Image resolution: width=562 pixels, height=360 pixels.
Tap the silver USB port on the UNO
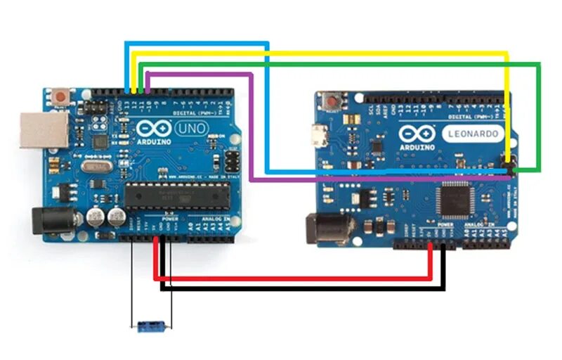click(x=35, y=129)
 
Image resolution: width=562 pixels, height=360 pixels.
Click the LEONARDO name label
click(x=474, y=133)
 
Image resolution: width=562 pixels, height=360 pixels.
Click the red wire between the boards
click(x=295, y=279)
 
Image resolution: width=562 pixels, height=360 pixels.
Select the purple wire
click(x=251, y=127)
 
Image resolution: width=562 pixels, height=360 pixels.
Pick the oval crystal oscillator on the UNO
click(x=92, y=167)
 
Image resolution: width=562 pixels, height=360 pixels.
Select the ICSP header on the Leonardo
click(x=510, y=166)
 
